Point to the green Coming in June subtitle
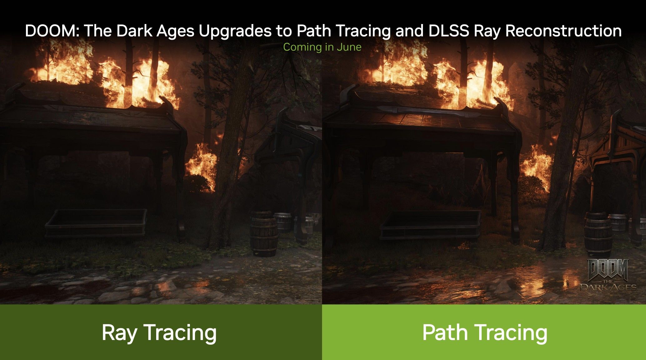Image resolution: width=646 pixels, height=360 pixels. pyautogui.click(x=322, y=47)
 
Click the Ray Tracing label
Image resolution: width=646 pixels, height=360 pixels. pyautogui.click(x=159, y=333)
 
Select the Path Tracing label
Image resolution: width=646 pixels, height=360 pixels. pyautogui.click(x=484, y=333)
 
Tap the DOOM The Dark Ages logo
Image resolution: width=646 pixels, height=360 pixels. pyautogui.click(x=608, y=275)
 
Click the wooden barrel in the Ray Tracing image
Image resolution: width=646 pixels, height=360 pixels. pyautogui.click(x=264, y=234)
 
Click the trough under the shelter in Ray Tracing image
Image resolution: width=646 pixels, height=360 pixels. pyautogui.click(x=96, y=223)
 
